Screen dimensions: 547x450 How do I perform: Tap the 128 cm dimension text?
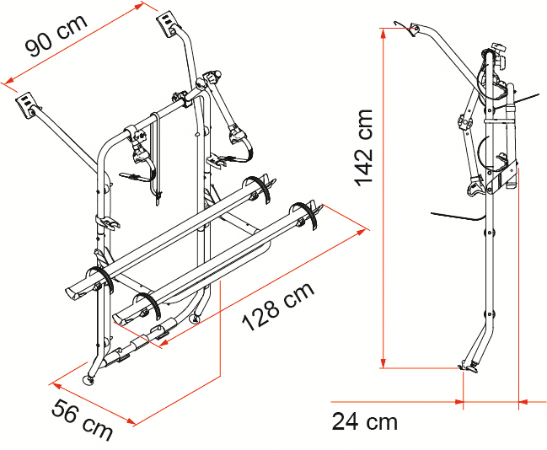coord(278,307)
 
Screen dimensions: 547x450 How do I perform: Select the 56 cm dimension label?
coord(83,420)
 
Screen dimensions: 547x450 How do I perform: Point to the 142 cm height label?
coord(364,148)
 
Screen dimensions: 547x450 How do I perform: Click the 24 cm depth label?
coord(364,421)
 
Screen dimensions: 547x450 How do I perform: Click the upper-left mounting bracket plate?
coord(25,104)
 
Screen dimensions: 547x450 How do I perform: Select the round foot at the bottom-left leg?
coord(88,379)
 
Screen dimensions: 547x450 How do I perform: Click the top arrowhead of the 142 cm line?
coord(383,32)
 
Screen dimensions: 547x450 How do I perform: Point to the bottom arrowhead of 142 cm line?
coord(383,363)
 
